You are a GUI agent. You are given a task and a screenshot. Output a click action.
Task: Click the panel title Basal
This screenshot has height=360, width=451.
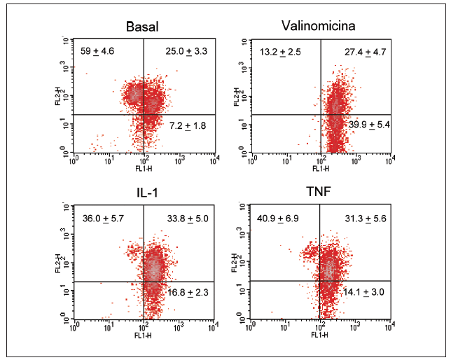click(x=142, y=27)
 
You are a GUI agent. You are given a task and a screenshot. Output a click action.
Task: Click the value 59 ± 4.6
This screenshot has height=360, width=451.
click(x=98, y=50)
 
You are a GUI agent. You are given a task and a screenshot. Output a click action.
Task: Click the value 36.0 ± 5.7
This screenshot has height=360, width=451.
click(x=104, y=219)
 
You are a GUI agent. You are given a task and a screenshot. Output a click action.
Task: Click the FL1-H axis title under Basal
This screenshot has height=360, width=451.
click(x=144, y=168)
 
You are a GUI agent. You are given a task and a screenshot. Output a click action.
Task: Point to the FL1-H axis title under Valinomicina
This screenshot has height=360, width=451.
click(x=320, y=168)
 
